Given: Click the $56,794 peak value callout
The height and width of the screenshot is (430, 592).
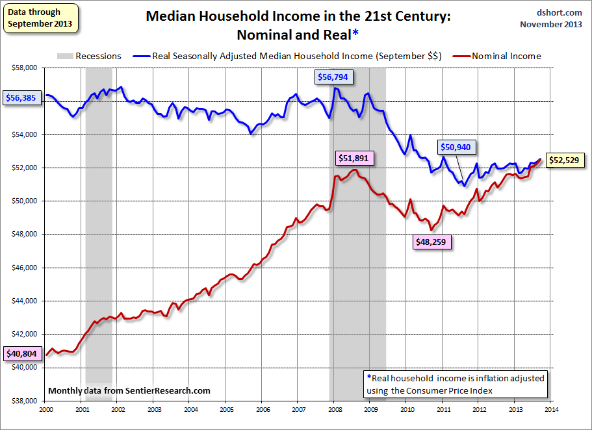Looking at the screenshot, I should [x=333, y=77].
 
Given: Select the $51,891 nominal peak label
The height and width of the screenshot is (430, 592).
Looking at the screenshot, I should [x=355, y=158].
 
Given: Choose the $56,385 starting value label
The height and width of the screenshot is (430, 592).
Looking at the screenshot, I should [x=21, y=99].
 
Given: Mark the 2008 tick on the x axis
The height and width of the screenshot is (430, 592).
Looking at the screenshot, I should [x=335, y=410].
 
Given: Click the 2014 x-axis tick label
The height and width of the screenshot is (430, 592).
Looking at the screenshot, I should [x=551, y=410].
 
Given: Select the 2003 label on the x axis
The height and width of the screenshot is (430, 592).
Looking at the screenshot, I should [x=154, y=410].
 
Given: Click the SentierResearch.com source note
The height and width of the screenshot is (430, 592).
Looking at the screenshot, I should [x=129, y=390].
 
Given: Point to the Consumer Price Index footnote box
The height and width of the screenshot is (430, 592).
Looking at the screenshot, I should [x=456, y=383].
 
